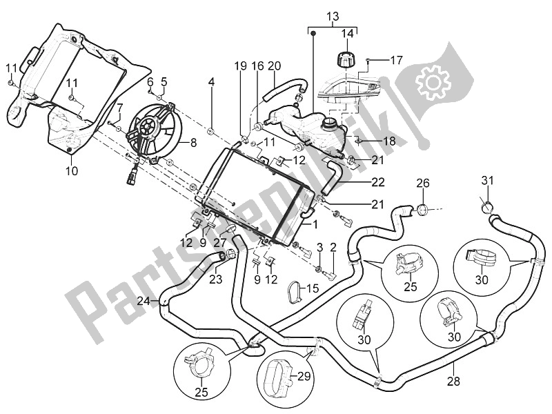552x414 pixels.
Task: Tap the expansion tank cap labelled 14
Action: pos(344,59)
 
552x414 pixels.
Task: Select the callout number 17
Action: pos(395,60)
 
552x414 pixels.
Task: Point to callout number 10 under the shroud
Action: pos(72,170)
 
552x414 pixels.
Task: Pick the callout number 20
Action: pos(275,66)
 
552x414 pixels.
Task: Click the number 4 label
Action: pos(193,82)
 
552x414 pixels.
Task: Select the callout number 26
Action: pos(422,184)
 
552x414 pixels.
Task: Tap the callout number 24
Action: pos(143,301)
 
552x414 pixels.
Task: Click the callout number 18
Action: pos(388,141)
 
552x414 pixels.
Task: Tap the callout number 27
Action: pos(220,242)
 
